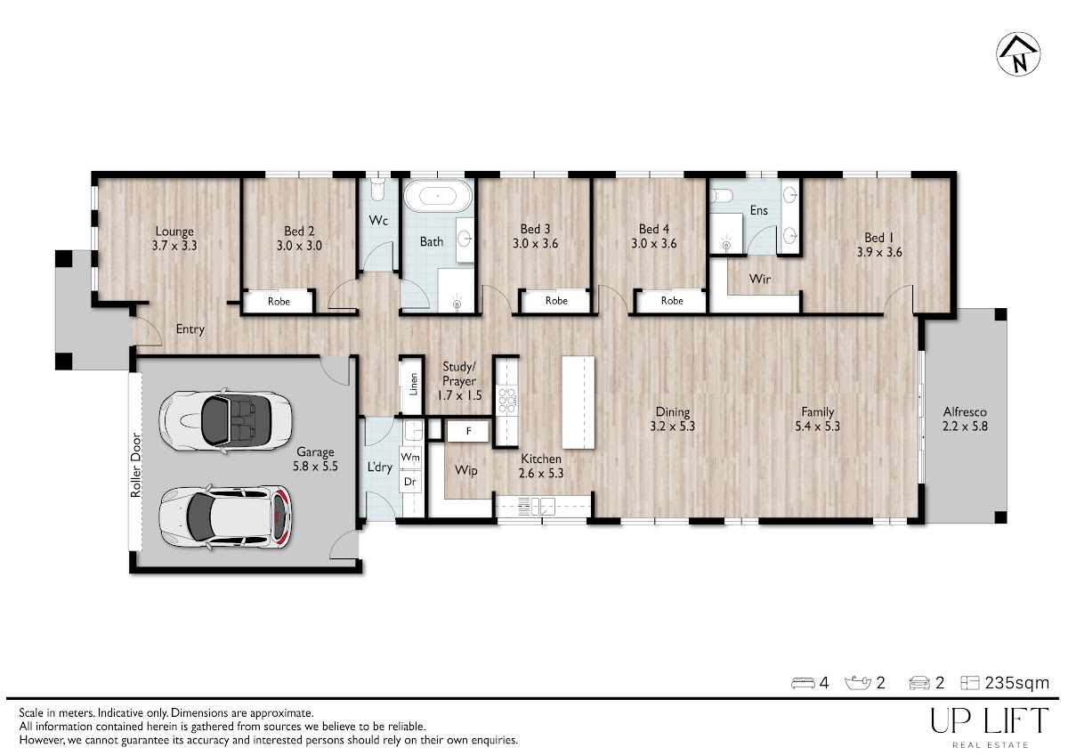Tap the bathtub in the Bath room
click(x=438, y=196)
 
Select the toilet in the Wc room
click(x=377, y=190)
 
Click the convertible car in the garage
click(x=225, y=420)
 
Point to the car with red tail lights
click(x=225, y=516)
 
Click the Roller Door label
click(x=136, y=465)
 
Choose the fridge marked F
click(x=468, y=431)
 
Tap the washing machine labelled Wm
click(x=410, y=457)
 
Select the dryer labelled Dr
click(x=410, y=482)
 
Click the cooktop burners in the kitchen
click(x=506, y=400)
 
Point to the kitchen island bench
click(x=578, y=402)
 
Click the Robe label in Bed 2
click(x=279, y=302)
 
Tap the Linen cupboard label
click(x=413, y=384)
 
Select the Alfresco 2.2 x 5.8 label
click(x=965, y=419)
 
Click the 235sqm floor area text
click(x=1017, y=683)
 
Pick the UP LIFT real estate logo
click(x=990, y=728)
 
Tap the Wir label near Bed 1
click(x=759, y=279)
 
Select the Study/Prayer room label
click(x=459, y=380)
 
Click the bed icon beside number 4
click(x=804, y=683)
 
